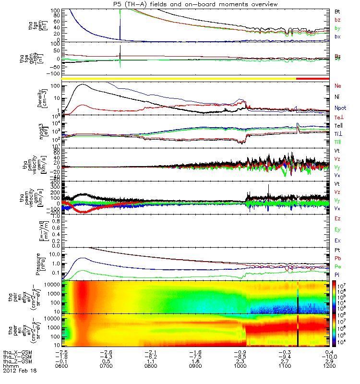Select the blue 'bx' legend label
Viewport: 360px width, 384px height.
coord(337,36)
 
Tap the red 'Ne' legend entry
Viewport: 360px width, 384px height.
coord(337,86)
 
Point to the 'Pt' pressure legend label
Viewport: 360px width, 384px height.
coord(337,251)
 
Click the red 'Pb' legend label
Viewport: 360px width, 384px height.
coord(337,259)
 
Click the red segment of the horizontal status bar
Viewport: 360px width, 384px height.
coord(312,78)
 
